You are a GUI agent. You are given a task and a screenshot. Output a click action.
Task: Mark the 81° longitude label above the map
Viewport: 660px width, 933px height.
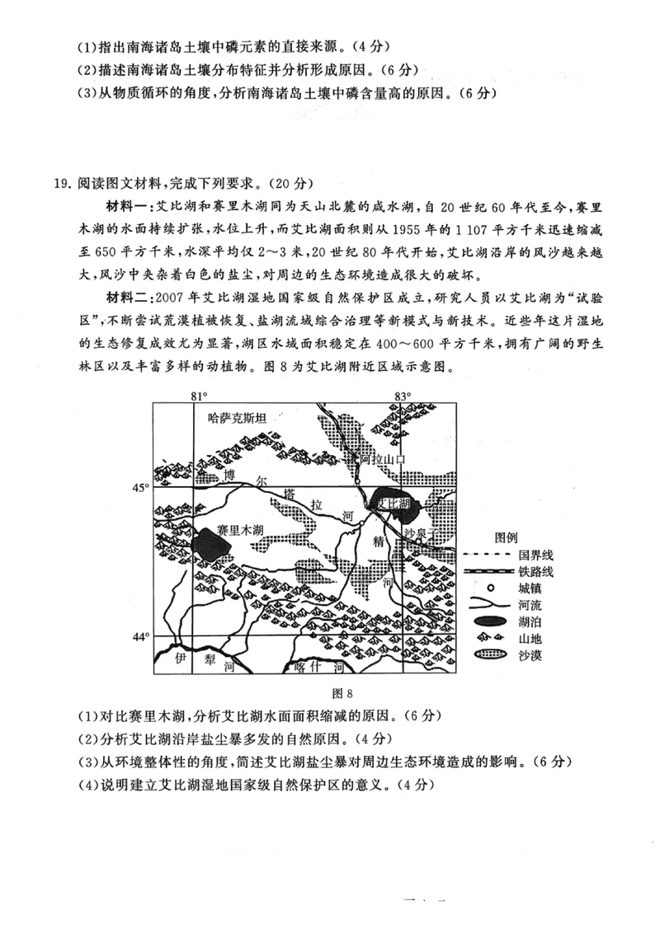[x=199, y=396]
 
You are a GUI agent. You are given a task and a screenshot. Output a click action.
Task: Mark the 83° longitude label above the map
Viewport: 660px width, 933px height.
[x=402, y=396]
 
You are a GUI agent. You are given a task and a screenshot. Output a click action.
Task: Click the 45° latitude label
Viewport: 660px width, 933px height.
[x=141, y=488]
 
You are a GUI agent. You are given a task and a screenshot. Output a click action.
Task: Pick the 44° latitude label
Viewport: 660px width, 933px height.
[x=141, y=636]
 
